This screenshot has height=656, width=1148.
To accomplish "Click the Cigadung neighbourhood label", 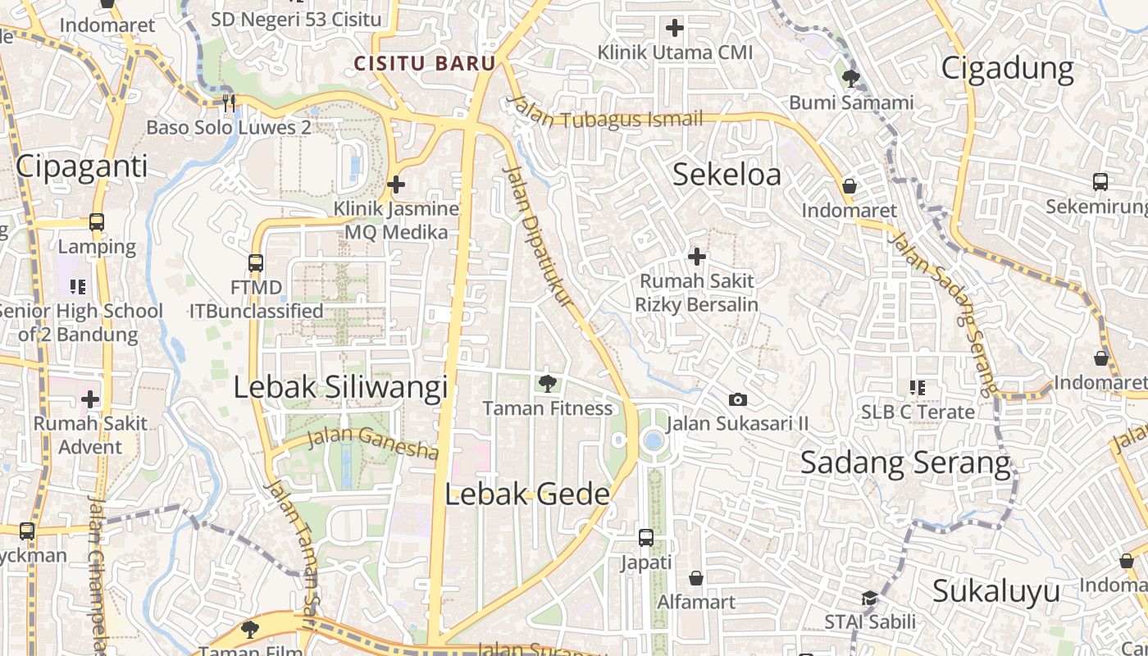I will [x=1007, y=68].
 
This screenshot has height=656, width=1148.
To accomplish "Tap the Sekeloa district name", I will [x=727, y=175].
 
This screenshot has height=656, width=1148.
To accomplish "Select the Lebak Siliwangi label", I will [x=340, y=387].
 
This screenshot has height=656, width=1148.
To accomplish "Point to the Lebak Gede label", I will [x=527, y=494].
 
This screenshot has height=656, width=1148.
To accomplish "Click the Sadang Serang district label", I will [x=905, y=462].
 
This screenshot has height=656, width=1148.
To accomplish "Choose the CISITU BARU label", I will [x=425, y=63].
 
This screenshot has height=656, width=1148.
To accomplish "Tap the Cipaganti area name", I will [x=82, y=166].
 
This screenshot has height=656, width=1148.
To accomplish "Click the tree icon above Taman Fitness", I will [x=547, y=383].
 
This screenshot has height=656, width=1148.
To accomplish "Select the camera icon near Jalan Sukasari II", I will [x=738, y=399].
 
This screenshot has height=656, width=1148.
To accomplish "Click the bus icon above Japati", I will [x=646, y=538].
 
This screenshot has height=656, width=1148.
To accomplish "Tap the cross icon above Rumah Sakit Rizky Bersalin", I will [x=696, y=257].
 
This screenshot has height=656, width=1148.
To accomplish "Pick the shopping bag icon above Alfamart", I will [x=696, y=578].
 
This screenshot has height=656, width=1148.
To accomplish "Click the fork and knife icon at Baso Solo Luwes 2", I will [x=229, y=102].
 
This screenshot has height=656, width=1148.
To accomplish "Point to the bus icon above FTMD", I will [x=256, y=263].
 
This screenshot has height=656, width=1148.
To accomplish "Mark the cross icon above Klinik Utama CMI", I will [x=675, y=29].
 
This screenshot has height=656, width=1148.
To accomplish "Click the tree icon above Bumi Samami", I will [x=851, y=79].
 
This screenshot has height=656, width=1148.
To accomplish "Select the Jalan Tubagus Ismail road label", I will [x=605, y=115].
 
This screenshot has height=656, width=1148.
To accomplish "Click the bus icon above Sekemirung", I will [x=1100, y=182].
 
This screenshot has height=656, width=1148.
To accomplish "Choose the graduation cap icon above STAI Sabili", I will [x=869, y=599].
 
